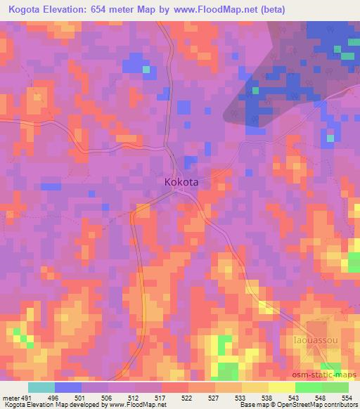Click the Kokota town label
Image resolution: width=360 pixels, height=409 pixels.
pos(181,181)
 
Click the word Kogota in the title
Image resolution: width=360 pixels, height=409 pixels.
pos(28,8)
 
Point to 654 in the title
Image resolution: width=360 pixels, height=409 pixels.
pos(123,8)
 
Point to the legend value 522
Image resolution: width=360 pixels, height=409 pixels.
pos(186,397)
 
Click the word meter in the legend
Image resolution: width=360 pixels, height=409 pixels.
pos(11,397)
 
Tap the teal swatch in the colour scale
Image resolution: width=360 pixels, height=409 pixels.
pos(42,387)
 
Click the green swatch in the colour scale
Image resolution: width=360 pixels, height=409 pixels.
pos(309,387)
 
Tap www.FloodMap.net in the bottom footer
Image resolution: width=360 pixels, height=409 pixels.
pos(134,405)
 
